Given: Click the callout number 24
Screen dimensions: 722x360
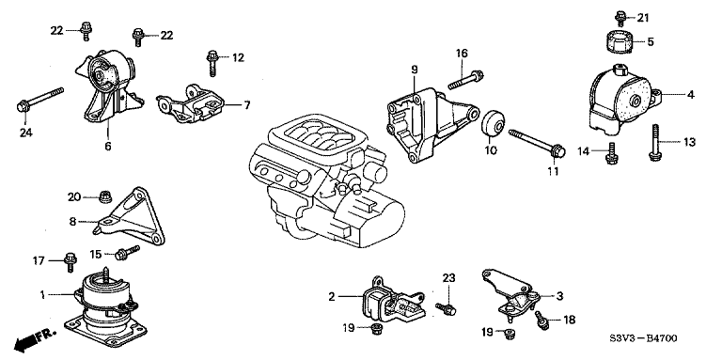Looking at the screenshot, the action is pyautogui.click(x=25, y=133).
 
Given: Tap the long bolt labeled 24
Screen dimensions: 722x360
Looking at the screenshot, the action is pyautogui.click(x=40, y=100).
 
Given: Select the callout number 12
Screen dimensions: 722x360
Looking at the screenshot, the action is pyautogui.click(x=238, y=58).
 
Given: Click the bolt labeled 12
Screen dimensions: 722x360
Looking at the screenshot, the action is pyautogui.click(x=212, y=63).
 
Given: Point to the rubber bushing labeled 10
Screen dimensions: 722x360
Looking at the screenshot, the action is pyautogui.click(x=494, y=123).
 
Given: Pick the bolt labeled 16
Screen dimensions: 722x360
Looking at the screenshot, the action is pyautogui.click(x=465, y=80).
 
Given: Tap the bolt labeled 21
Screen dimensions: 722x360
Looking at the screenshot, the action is pyautogui.click(x=620, y=19).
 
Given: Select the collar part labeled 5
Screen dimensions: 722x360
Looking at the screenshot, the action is pyautogui.click(x=619, y=42).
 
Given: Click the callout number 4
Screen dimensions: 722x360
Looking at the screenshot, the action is pyautogui.click(x=691, y=95).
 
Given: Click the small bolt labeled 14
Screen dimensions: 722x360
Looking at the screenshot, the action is pyautogui.click(x=611, y=153).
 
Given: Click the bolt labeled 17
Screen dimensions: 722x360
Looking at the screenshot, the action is pyautogui.click(x=71, y=261).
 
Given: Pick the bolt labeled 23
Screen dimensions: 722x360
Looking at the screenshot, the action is pyautogui.click(x=446, y=308).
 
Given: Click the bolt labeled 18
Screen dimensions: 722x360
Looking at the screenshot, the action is pyautogui.click(x=541, y=321).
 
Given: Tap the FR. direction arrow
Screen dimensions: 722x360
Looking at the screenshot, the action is pyautogui.click(x=35, y=339).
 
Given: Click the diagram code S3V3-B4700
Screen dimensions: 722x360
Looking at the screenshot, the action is pyautogui.click(x=643, y=338).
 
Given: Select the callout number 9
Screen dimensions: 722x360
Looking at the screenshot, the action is pyautogui.click(x=415, y=70).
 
